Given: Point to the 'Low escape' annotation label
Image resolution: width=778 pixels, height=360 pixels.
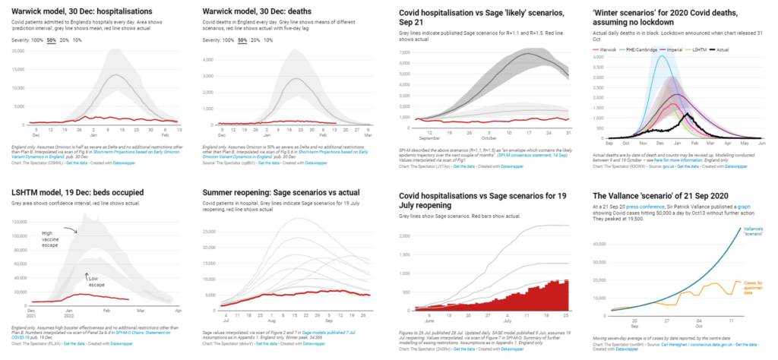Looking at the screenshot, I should [93, 279].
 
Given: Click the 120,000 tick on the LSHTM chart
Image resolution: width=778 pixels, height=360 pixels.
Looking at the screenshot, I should [19, 229].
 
